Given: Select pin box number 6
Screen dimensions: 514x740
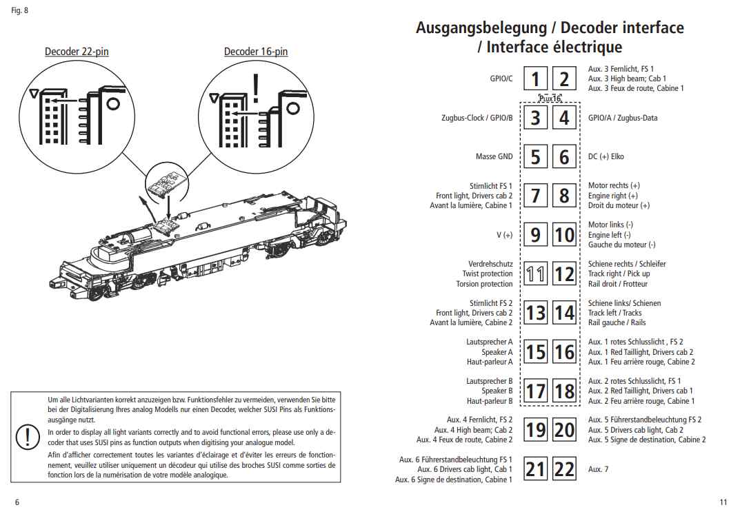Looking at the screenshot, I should [564, 157].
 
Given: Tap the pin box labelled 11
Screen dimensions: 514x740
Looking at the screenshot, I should [535, 274].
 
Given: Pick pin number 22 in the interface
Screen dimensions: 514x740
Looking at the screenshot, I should [564, 469].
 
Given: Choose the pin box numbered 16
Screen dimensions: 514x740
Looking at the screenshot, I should [564, 352].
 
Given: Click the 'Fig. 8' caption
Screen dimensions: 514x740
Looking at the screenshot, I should [20, 10].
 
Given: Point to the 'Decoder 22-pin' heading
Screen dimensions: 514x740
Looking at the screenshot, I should [77, 52].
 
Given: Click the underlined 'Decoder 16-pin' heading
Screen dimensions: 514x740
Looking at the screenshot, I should [256, 52].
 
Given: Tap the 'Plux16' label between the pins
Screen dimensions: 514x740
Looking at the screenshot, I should [550, 98].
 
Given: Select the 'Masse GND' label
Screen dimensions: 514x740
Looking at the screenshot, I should [494, 156].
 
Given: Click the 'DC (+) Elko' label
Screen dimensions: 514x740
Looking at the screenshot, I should [606, 156].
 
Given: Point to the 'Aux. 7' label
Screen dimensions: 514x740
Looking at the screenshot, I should [598, 469].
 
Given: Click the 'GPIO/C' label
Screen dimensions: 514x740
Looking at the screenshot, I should [501, 79].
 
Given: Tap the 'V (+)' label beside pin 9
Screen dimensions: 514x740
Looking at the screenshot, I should [504, 235].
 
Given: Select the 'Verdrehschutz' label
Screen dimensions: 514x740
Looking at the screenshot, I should [490, 264].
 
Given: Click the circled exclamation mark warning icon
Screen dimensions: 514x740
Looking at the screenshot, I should [28, 436].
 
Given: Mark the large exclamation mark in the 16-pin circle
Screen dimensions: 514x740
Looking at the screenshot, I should [257, 88].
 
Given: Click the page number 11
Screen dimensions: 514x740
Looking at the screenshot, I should [723, 502].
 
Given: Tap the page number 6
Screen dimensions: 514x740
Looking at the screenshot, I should [17, 502].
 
